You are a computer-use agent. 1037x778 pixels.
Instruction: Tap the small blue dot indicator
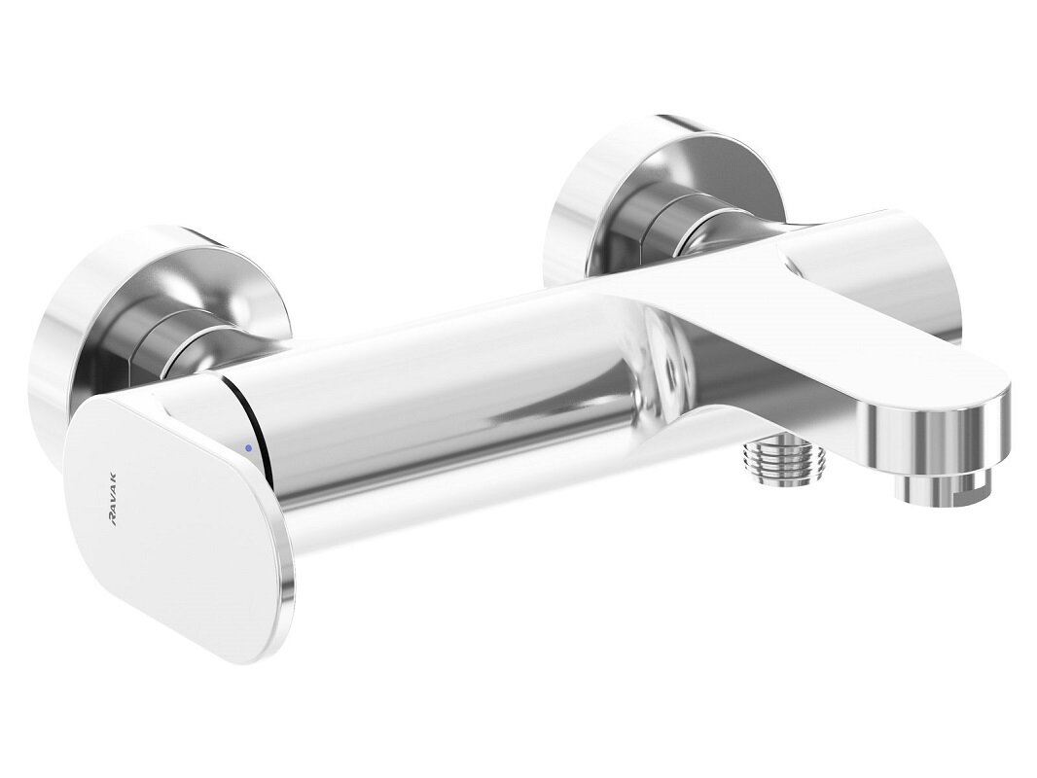tap(249, 448)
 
